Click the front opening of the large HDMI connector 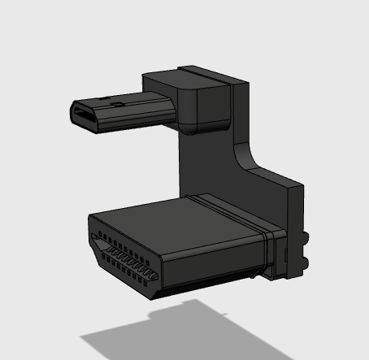[x=122, y=258]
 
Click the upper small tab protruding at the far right [x=307, y=238]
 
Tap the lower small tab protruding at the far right [x=307, y=262]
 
